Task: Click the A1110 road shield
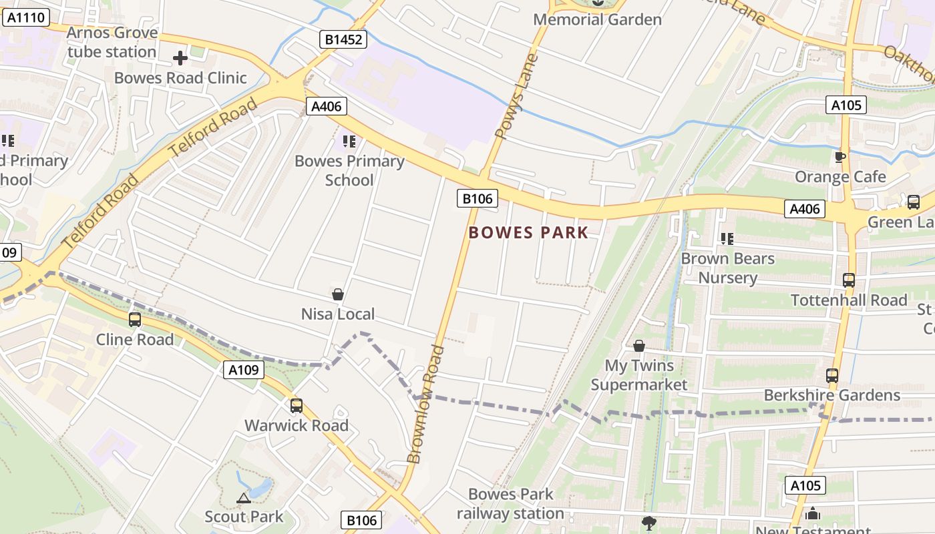pos(26,17)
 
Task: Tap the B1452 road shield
pos(344,39)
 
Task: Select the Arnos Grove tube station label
pos(112,42)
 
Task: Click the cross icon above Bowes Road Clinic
pos(180,59)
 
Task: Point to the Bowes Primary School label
pos(349,170)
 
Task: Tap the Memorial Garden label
pos(597,19)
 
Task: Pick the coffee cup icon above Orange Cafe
pos(840,158)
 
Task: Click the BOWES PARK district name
pos(528,232)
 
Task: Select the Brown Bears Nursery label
pos(727,268)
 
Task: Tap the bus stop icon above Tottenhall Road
pos(848,280)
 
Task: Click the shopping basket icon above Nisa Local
pos(338,294)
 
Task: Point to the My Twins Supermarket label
pos(639,375)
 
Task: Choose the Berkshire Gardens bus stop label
pos(831,395)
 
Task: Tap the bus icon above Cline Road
pos(135,320)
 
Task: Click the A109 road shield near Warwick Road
pos(243,369)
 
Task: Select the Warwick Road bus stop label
pos(296,425)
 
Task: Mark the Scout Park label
pos(244,517)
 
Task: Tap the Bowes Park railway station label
pos(510,504)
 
